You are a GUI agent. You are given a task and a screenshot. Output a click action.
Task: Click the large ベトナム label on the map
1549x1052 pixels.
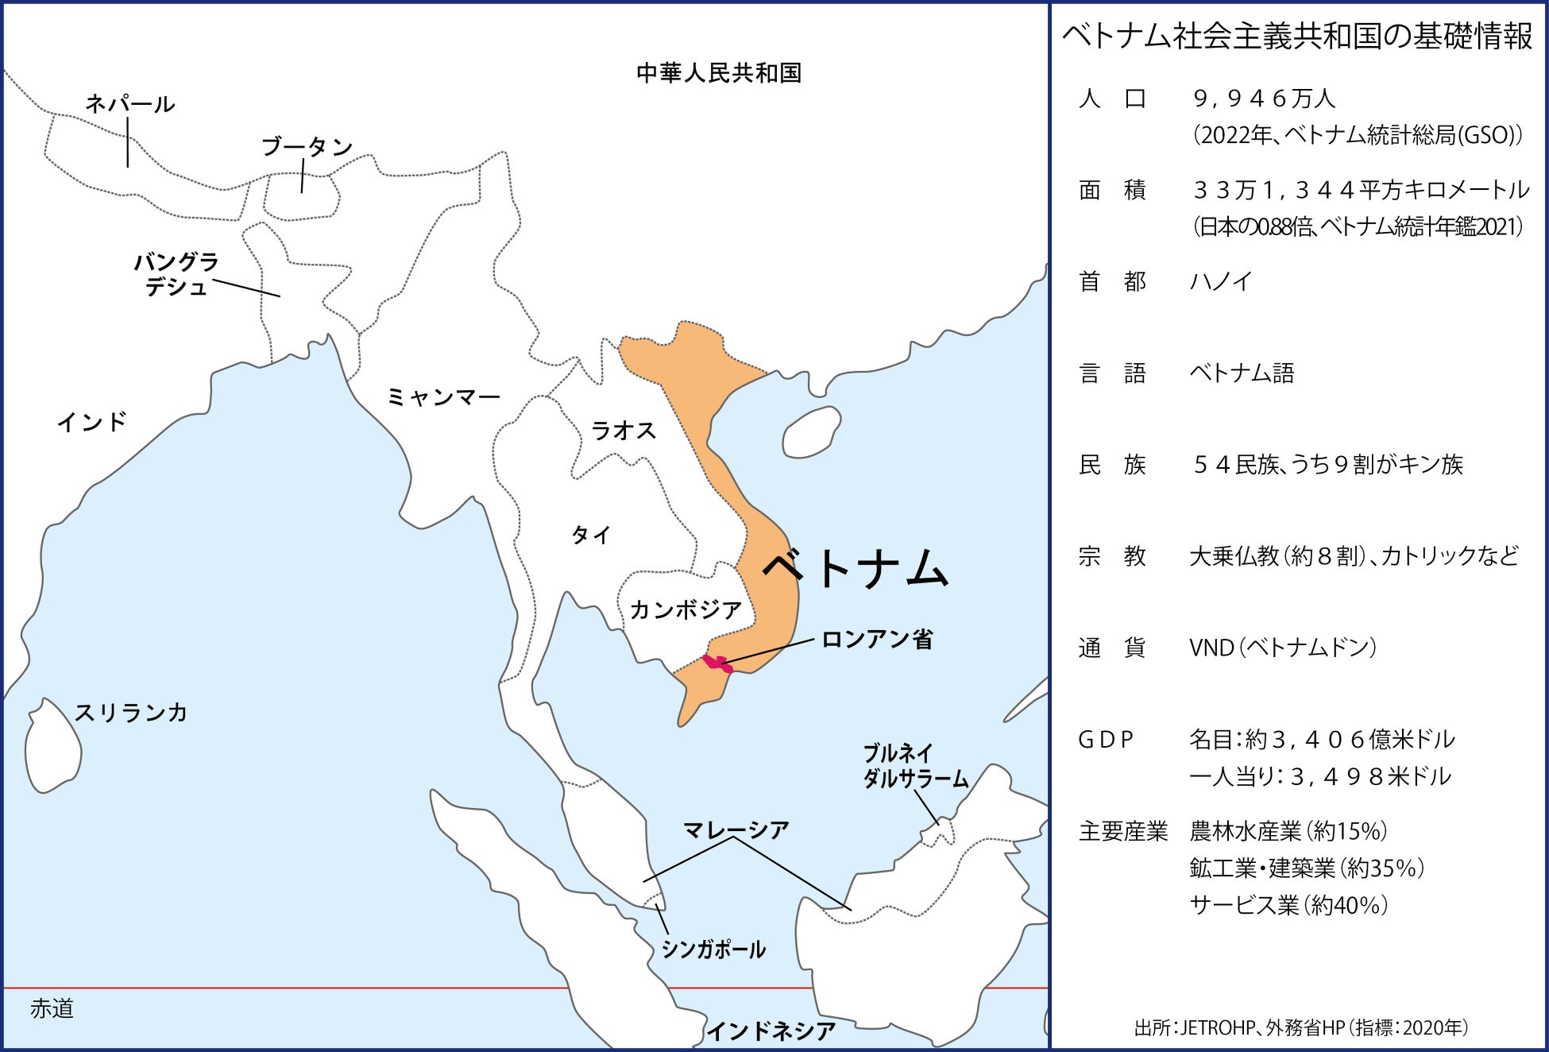pos(856,568)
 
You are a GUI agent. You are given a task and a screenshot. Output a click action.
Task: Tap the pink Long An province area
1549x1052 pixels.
pos(717,663)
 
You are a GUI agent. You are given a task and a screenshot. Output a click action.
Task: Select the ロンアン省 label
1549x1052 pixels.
pos(877,640)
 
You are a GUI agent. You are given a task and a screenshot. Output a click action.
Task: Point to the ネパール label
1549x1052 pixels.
pos(129,104)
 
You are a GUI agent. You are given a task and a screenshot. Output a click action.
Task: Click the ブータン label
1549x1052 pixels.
pos(307,147)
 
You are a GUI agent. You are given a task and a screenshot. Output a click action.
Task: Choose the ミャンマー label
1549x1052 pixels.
pos(443,396)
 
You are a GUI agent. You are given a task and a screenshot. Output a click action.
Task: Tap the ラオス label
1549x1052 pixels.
pos(624,431)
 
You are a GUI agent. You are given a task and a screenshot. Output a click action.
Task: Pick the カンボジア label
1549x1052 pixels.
pos(686,610)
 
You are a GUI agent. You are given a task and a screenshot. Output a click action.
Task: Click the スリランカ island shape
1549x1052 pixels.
pos(52,747)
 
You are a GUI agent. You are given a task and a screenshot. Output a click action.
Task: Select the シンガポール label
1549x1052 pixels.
pos(713,950)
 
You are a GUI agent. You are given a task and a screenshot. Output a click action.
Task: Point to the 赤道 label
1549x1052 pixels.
pos(52,1009)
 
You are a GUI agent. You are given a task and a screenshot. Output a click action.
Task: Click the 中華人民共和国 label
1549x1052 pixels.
pos(719,73)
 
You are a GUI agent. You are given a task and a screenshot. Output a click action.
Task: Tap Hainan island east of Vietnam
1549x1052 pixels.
pos(810,433)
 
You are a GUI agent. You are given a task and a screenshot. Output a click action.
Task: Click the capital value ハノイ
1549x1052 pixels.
pos(1220,281)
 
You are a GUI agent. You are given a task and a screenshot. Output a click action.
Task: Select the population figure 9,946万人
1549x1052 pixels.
pos(1264,99)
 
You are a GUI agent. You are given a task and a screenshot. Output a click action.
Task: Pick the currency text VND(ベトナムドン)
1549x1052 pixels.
pos(1282,648)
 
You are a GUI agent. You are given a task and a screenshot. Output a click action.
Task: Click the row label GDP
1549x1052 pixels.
pos(1105,740)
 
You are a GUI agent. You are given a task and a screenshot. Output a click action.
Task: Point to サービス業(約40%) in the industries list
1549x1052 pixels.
pos(1288,905)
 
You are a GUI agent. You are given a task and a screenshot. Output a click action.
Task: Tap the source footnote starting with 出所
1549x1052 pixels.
pos(1300,1028)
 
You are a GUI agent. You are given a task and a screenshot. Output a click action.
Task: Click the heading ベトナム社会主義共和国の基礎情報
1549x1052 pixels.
pos(1296,37)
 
